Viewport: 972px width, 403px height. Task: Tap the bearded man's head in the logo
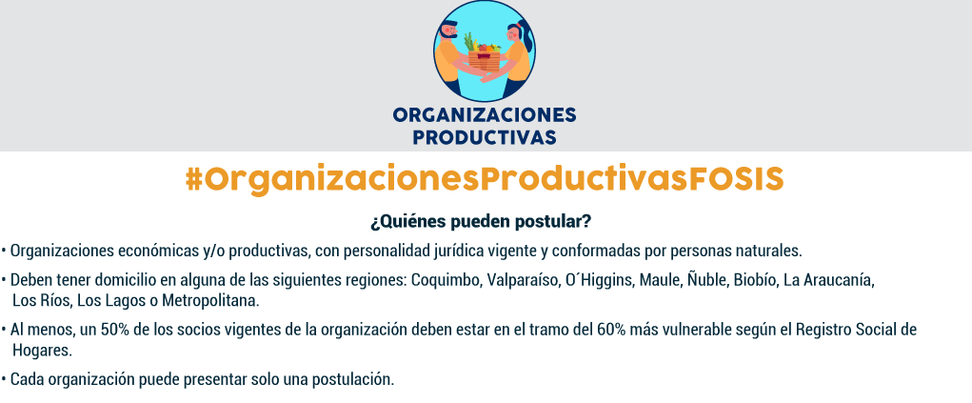pos(446,32)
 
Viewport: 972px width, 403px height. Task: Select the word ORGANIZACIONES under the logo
pos(485,114)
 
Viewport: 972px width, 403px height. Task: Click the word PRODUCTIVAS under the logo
pos(485,137)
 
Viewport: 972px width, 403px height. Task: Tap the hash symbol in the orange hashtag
pos(194,179)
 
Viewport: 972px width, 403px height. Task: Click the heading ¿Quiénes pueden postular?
pos(481,221)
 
